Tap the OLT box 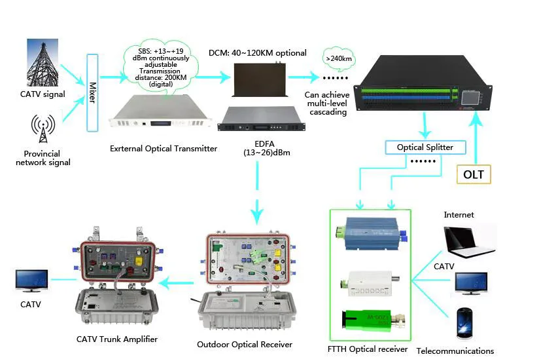[x=474, y=175]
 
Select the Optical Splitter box [x=425, y=147]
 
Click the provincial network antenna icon [x=43, y=130]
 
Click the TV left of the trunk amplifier [x=31, y=281]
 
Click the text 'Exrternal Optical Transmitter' [x=164, y=149]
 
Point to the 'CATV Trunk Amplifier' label [x=117, y=339]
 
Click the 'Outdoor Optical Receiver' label [x=245, y=344]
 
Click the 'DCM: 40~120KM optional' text [x=258, y=52]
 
